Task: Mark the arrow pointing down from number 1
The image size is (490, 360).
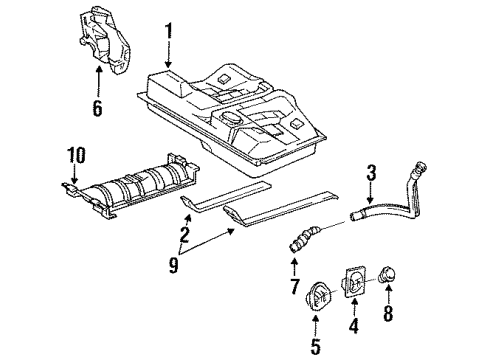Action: click(169, 55)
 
